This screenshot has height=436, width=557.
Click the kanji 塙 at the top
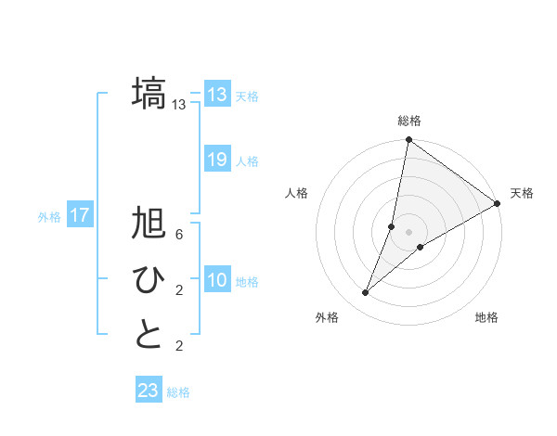[149, 94]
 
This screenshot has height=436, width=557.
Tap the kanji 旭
[149, 224]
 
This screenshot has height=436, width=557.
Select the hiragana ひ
[149, 279]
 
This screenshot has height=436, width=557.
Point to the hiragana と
[149, 335]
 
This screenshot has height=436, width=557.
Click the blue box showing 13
[217, 94]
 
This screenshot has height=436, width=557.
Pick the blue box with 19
[217, 160]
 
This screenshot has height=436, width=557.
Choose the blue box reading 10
[217, 280]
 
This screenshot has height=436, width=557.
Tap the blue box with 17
[80, 216]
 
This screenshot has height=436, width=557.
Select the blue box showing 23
[149, 391]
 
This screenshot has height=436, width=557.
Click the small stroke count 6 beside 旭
[179, 235]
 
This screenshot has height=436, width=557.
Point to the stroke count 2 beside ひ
[179, 291]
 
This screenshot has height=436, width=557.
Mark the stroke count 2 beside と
[179, 347]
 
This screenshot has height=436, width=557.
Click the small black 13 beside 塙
[179, 105]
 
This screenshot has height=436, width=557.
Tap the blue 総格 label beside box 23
[178, 392]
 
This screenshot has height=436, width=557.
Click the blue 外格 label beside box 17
[49, 217]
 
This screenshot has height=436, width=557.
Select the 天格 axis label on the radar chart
[522, 193]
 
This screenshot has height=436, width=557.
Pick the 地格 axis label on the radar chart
[486, 317]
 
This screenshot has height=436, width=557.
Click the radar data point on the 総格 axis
[408, 141]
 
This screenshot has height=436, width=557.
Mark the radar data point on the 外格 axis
[366, 293]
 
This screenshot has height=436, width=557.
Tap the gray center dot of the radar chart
[408, 232]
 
